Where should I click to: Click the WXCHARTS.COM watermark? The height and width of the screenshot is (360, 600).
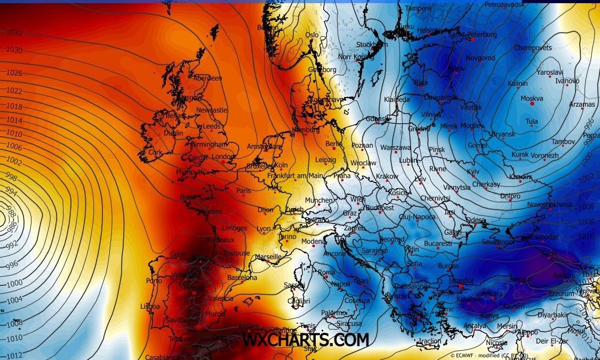pyautogui.click(x=306, y=340)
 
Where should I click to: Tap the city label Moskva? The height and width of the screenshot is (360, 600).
pyautogui.click(x=532, y=99)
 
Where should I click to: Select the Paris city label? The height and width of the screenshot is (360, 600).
pyautogui.click(x=244, y=191)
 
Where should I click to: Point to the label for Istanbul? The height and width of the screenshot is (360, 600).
pyautogui.click(x=461, y=281)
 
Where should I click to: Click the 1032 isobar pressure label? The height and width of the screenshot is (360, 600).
pyautogui.click(x=14, y=33)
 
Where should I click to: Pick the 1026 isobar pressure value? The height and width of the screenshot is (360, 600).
pyautogui.click(x=14, y=73)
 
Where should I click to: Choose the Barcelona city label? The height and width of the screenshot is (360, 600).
pyautogui.click(x=242, y=278)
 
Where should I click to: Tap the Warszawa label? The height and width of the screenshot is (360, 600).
pyautogui.click(x=395, y=147)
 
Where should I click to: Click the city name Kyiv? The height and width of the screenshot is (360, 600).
pyautogui.click(x=474, y=171)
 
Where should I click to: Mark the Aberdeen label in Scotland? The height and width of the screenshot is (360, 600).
pyautogui.click(x=207, y=78)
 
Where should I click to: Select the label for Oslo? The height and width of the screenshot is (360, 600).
pyautogui.click(x=311, y=35)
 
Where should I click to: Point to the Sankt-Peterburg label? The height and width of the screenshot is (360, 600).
pyautogui.click(x=473, y=35)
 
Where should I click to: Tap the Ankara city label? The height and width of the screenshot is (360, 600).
pyautogui.click(x=492, y=294)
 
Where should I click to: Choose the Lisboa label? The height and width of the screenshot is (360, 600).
pyautogui.click(x=150, y=307)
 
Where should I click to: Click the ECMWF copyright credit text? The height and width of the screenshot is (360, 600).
pyautogui.click(x=481, y=355)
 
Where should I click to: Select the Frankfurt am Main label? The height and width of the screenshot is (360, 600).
pyautogui.click(x=295, y=176)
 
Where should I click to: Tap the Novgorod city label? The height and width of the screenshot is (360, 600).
pyautogui.click(x=480, y=58)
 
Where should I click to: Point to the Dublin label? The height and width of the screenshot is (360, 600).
pyautogui.click(x=173, y=133)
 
